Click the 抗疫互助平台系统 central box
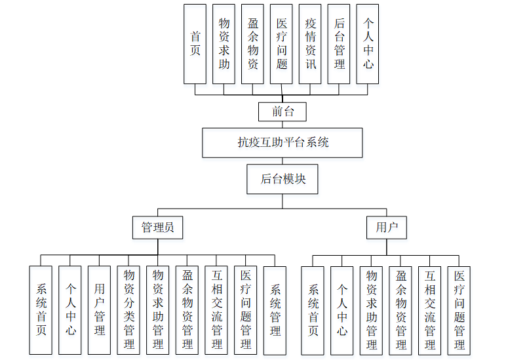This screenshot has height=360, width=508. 283,142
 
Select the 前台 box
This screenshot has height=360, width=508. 283,111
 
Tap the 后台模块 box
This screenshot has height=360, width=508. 283,178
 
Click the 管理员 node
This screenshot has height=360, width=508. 157,228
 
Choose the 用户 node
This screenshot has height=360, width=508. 387,228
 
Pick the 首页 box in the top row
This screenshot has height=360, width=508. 195,44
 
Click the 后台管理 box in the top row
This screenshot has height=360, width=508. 339,44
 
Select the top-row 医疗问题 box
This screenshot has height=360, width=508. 281,44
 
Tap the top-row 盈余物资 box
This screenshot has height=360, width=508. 252,44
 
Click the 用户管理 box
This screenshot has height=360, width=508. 99,310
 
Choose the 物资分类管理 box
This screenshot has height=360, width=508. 128,310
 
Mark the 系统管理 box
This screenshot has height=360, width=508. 275,310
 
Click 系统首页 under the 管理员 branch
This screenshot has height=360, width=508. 41,310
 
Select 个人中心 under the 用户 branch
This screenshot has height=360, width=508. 342,310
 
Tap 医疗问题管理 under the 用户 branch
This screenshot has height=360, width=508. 459,310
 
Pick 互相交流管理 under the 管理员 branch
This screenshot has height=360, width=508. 216,310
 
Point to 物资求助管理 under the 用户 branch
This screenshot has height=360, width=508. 371,310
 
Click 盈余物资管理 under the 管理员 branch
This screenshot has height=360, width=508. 187,310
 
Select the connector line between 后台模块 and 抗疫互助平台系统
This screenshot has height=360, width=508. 283,161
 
